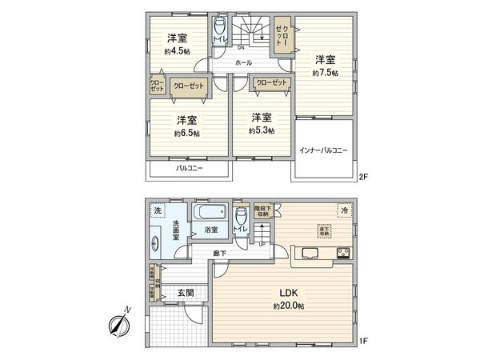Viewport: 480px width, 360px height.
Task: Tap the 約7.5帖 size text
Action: (x=325, y=73)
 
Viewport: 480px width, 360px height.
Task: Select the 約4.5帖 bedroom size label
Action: (x=177, y=50)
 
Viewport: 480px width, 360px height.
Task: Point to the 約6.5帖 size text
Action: (x=187, y=134)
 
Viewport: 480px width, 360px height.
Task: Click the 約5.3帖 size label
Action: (x=261, y=130)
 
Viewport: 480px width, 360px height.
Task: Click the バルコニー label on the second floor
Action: (x=189, y=169)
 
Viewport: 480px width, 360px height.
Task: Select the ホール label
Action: (x=243, y=62)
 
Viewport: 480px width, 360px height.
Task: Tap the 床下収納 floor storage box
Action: (x=323, y=229)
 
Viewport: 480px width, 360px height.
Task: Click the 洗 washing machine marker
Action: (x=157, y=210)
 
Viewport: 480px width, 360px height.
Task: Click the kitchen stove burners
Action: (x=343, y=254)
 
